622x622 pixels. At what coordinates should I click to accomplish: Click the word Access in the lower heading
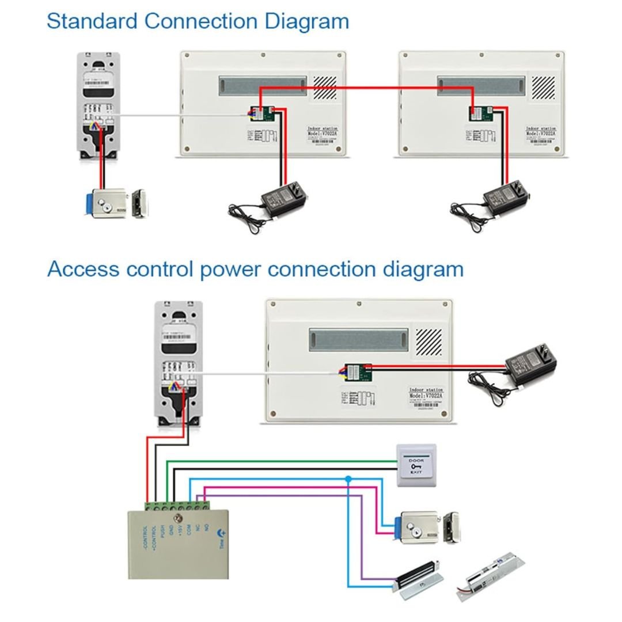coord(83,269)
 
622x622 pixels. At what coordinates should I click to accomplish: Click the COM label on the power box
coord(189,529)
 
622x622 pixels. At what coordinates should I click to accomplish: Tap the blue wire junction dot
coord(348,479)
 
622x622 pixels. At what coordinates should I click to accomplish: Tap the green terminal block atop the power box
coord(178,506)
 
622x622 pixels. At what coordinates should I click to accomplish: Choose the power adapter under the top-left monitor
coord(283,199)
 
